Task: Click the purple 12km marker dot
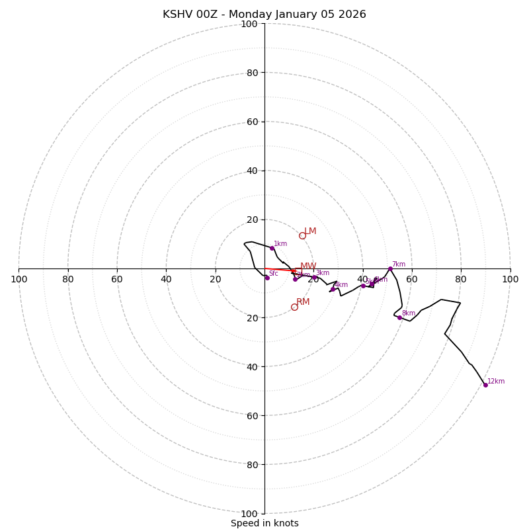[485, 385]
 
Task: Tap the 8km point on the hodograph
[399, 317]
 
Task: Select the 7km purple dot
[390, 268]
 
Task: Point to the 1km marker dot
[272, 248]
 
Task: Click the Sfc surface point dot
[267, 278]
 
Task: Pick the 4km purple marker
[333, 289]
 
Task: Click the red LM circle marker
[302, 235]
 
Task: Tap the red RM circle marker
[294, 307]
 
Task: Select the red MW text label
[308, 266]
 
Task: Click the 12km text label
[496, 381]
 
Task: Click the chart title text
[264, 15]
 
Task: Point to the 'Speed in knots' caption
[264, 523]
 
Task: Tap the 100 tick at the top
[249, 24]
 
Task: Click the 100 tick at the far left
[19, 279]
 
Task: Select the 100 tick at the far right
[510, 279]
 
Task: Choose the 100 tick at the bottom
[249, 514]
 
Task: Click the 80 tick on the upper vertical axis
[252, 73]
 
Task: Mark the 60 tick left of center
[117, 279]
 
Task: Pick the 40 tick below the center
[252, 367]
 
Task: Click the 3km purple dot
[314, 277]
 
